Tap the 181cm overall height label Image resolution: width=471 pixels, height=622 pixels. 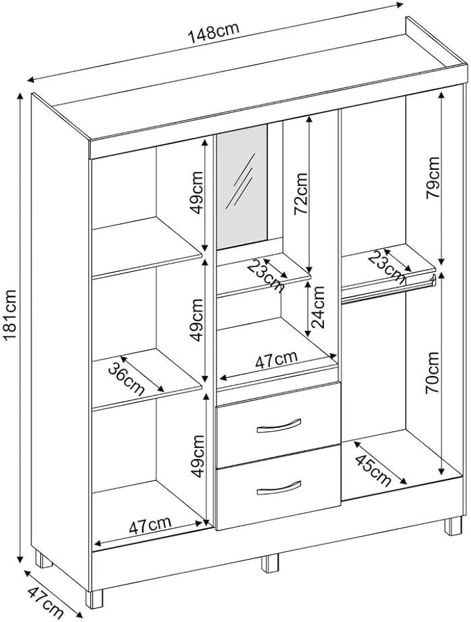click(10, 316)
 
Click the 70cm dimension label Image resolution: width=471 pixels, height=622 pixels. click(431, 374)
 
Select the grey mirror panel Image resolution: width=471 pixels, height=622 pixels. click(241, 187)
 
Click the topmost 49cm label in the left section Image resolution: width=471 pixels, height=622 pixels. click(197, 195)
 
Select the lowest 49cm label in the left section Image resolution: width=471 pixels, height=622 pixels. click(197, 455)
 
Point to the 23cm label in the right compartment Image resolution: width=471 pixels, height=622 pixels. click(388, 267)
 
